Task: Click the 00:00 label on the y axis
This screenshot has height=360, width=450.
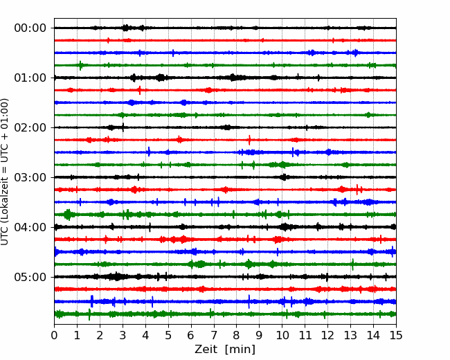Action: [x=30, y=28]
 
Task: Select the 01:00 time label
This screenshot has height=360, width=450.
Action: [x=30, y=78]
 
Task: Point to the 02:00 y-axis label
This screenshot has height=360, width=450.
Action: [x=30, y=127]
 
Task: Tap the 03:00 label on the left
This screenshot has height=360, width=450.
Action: [x=30, y=177]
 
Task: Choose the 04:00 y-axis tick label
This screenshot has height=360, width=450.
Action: [x=30, y=227]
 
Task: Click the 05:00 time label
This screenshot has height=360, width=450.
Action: [x=30, y=277]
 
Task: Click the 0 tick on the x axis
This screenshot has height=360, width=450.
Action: [x=55, y=336]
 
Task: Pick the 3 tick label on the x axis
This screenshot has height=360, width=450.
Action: [x=123, y=336]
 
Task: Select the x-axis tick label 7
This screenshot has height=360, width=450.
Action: [x=214, y=336]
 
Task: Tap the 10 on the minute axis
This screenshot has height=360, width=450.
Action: [x=282, y=336]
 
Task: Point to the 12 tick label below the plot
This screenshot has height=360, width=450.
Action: [x=327, y=336]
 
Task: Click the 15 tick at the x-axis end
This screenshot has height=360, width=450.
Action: [x=396, y=336]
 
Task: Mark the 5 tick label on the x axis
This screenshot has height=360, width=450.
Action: [x=168, y=336]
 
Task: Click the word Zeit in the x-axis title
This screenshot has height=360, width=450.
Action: [x=206, y=350]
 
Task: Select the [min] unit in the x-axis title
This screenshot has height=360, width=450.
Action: [x=240, y=350]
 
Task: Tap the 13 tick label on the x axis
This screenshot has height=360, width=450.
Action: [x=350, y=336]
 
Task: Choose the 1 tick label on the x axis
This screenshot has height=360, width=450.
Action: [x=78, y=336]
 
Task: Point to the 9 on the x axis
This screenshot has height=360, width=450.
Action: [x=260, y=336]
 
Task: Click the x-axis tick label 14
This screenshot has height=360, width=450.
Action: [x=373, y=336]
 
